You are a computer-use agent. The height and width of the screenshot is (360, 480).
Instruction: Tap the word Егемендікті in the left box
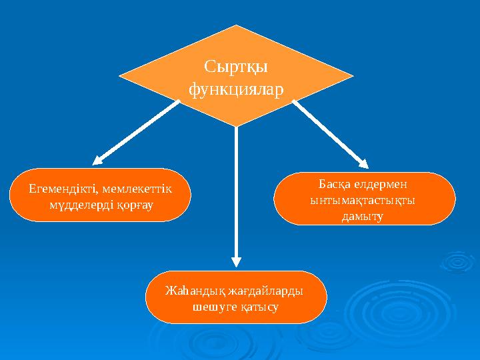(x=58, y=189)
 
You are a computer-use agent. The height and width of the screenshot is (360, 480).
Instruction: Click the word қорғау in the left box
(x=135, y=203)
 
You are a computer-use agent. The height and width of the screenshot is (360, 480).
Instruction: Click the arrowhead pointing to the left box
(x=98, y=160)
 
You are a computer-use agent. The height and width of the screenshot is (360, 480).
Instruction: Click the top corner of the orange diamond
(x=236, y=26)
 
